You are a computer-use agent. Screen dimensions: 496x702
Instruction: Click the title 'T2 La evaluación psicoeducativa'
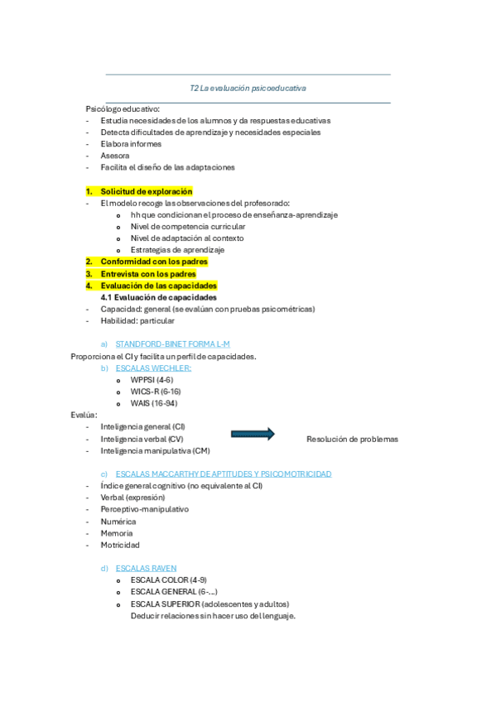(x=248, y=87)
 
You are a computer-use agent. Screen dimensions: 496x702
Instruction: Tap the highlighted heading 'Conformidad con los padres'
(x=148, y=262)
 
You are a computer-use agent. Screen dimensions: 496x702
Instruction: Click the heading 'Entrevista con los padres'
(x=142, y=273)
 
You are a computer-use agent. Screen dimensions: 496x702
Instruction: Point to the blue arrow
(x=253, y=433)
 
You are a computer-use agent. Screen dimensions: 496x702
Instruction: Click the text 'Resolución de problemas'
(x=352, y=440)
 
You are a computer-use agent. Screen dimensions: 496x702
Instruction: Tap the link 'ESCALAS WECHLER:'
(x=154, y=368)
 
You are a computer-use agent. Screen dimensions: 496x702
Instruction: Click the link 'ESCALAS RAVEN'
(x=147, y=569)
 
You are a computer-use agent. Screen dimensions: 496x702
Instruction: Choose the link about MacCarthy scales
(x=224, y=474)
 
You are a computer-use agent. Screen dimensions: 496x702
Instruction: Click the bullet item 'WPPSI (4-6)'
(x=152, y=379)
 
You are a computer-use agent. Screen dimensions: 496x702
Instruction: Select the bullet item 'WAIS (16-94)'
(x=153, y=403)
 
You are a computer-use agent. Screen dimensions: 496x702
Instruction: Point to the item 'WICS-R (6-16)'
(x=156, y=392)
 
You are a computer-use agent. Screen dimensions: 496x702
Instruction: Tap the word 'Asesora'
(x=115, y=155)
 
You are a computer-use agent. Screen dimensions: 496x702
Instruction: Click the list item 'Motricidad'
(x=120, y=546)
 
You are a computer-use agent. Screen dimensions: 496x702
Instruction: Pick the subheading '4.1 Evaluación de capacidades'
(x=159, y=297)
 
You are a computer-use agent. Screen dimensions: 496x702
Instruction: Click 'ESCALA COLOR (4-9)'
(x=169, y=580)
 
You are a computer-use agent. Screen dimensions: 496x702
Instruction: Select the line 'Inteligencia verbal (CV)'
(x=142, y=439)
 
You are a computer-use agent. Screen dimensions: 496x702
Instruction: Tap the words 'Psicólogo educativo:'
(x=123, y=108)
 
